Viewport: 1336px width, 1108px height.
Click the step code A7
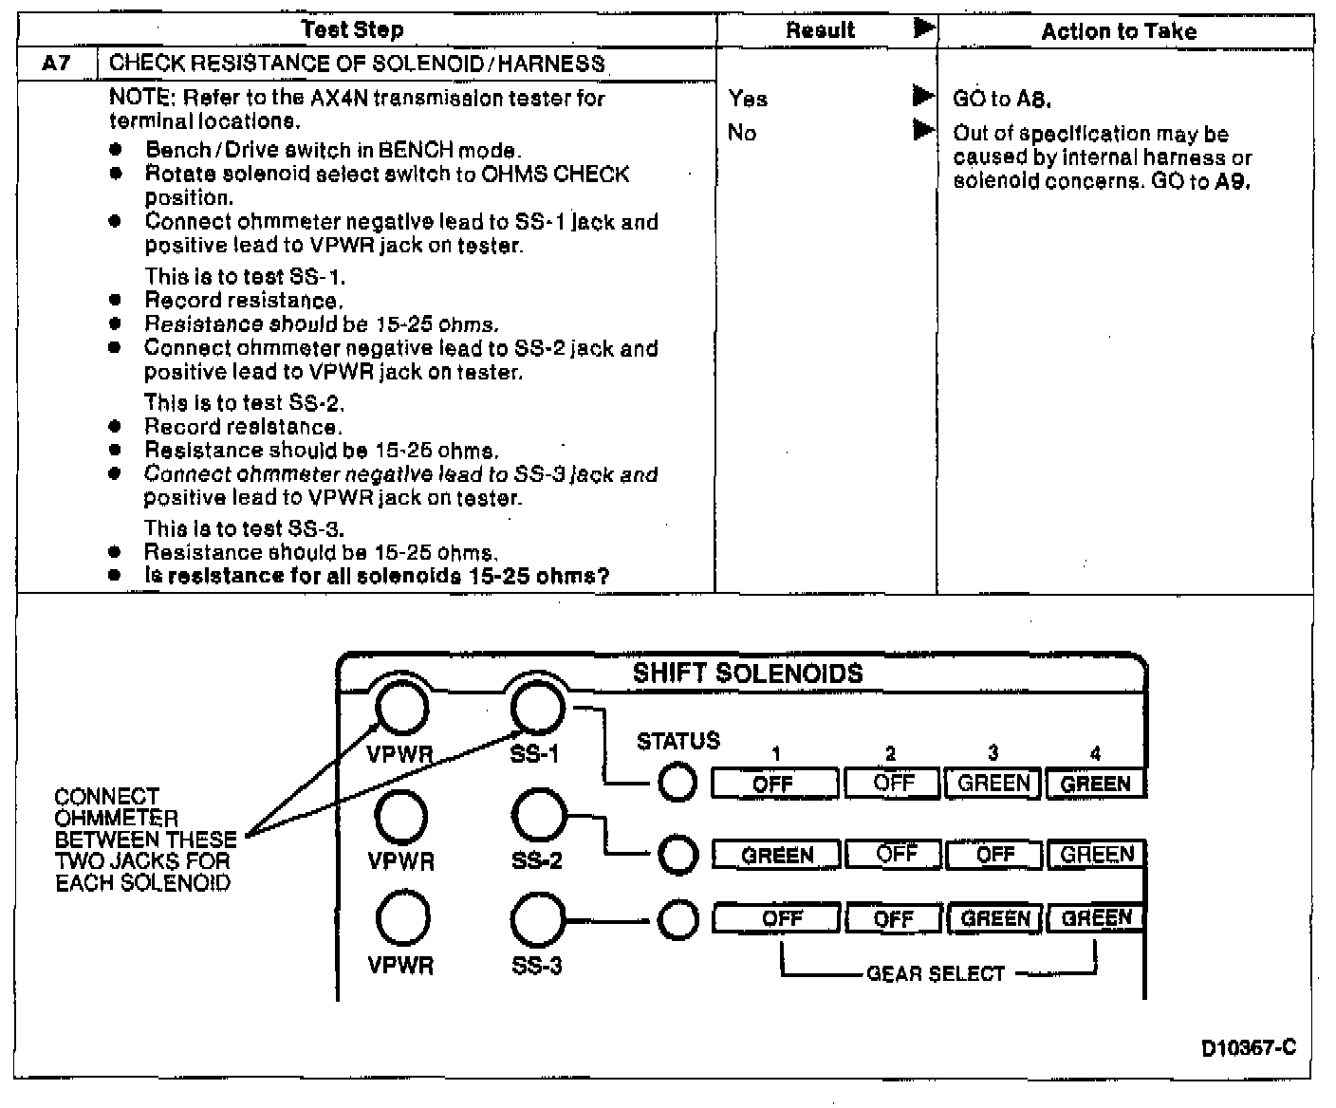(x=56, y=65)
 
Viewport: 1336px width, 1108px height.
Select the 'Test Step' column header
(x=352, y=29)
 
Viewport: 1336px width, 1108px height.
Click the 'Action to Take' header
(x=1119, y=31)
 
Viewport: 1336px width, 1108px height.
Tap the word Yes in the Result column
(x=748, y=98)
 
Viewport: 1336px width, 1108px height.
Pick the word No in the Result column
(x=742, y=132)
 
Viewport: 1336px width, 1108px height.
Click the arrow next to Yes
(x=922, y=96)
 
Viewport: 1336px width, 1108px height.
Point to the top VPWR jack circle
(x=401, y=709)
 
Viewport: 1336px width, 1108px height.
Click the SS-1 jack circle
(x=537, y=708)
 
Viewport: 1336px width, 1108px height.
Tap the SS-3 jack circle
(x=537, y=919)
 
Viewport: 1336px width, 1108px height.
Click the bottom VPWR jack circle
(x=402, y=919)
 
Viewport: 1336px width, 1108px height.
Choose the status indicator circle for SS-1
(x=677, y=784)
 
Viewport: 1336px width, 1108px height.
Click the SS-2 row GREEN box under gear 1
(x=776, y=855)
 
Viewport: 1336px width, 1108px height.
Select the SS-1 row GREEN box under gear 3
(x=993, y=784)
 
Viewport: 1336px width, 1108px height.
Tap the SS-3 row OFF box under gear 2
(x=893, y=918)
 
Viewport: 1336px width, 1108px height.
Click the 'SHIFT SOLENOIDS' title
(x=748, y=674)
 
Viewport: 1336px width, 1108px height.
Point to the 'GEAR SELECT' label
(x=935, y=974)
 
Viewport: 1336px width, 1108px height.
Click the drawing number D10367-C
(x=1248, y=1047)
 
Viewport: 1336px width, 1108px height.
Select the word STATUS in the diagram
(x=677, y=741)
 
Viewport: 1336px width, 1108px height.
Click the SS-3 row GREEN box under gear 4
(x=1096, y=918)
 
